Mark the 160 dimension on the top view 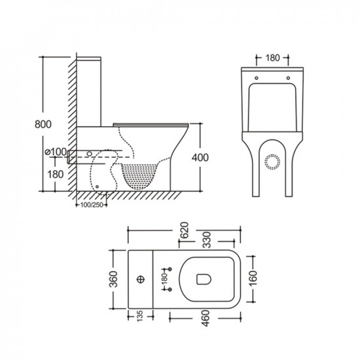[256, 279]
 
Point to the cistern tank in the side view [89, 92]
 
